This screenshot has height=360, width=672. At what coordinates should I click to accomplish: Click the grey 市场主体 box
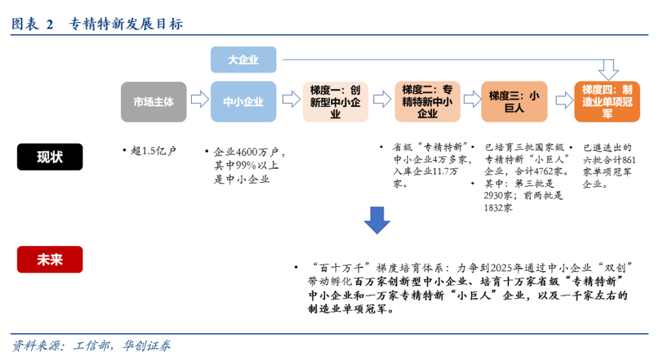click(154, 101)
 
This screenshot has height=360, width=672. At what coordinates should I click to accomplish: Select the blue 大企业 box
click(243, 60)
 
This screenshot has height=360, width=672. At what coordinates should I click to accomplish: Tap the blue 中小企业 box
click(243, 101)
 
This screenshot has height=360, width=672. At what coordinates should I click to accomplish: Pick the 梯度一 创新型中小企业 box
click(335, 101)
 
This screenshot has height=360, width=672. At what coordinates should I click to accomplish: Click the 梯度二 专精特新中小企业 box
click(427, 101)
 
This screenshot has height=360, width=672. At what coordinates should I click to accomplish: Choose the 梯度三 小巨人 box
click(513, 101)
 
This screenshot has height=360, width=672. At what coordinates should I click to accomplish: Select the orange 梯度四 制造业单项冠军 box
click(607, 101)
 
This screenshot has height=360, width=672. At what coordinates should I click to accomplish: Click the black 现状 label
click(50, 157)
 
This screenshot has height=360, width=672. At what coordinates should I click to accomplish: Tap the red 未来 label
click(50, 259)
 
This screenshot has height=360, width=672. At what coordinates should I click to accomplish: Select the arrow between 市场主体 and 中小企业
click(199, 99)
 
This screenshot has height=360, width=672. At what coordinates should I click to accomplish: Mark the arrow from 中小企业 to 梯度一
click(291, 99)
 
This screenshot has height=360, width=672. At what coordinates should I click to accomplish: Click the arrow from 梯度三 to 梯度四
click(563, 99)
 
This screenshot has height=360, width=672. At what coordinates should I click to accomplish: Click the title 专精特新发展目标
click(124, 24)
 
